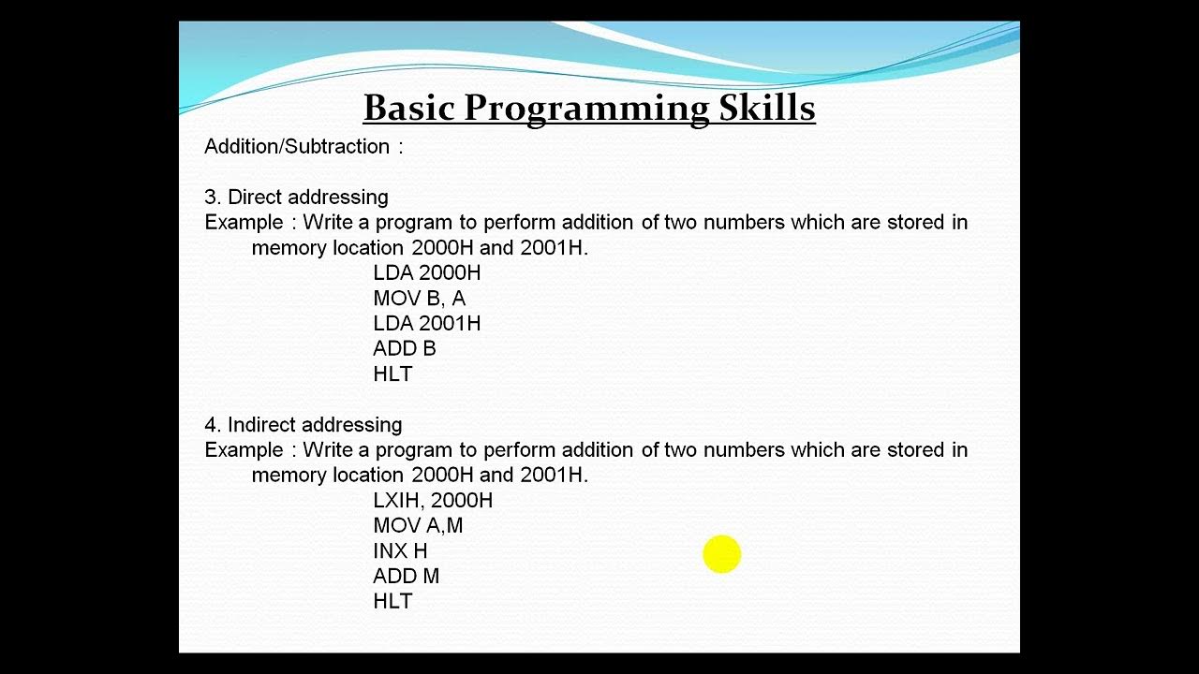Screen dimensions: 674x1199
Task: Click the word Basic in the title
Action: pyautogui.click(x=408, y=108)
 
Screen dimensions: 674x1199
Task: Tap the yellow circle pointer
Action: pyautogui.click(x=721, y=554)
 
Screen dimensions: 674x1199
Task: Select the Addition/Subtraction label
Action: pyautogui.click(x=297, y=147)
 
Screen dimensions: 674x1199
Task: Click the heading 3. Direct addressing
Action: pyautogui.click(x=296, y=198)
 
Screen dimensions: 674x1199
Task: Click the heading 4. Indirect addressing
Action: pyautogui.click(x=303, y=425)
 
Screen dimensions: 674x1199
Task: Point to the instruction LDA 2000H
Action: pyautogui.click(x=426, y=273)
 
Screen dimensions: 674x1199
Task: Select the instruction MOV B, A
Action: pyautogui.click(x=419, y=299)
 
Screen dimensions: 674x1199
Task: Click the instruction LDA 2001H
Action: pyautogui.click(x=426, y=324)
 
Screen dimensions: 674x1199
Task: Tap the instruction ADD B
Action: pyautogui.click(x=404, y=349)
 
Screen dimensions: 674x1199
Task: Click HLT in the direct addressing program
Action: pyautogui.click(x=392, y=374)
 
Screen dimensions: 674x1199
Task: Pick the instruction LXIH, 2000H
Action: pyautogui.click(x=432, y=501)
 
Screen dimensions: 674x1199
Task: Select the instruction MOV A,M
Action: pyautogui.click(x=418, y=526)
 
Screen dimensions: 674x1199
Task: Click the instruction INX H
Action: pyautogui.click(x=400, y=551)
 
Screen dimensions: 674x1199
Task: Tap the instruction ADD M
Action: pyautogui.click(x=406, y=577)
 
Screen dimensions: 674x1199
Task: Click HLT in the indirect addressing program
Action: pyautogui.click(x=392, y=602)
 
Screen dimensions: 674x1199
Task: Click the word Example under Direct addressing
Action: pyautogui.click(x=244, y=223)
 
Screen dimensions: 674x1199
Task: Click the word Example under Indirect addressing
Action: pyautogui.click(x=244, y=450)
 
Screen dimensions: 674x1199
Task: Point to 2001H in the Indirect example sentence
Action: pyautogui.click(x=552, y=476)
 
